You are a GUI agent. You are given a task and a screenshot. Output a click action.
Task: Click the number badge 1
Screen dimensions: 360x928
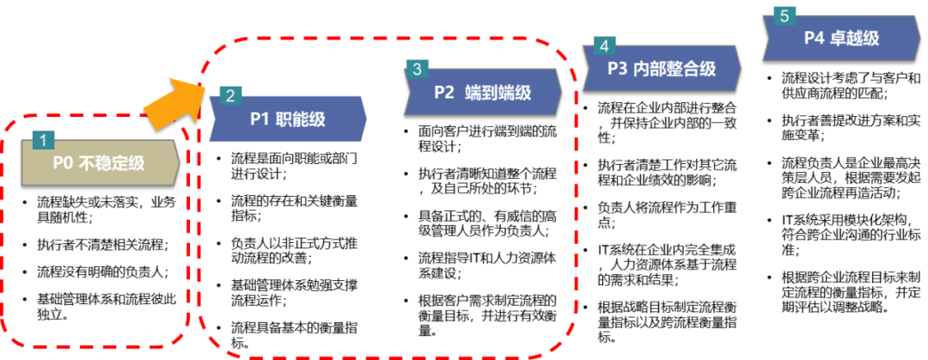(43, 139)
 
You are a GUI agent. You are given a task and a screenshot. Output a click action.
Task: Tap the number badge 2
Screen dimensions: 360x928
(230, 95)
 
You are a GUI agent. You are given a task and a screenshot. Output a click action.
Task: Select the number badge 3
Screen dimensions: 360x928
(417, 69)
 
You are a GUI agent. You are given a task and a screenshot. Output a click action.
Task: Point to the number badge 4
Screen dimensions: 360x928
(604, 46)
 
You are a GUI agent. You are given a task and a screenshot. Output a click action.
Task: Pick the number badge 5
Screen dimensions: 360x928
(784, 16)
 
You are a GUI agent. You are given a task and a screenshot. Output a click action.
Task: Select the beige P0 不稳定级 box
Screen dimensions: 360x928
(100, 163)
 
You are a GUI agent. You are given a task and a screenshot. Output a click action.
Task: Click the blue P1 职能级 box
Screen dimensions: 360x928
(288, 119)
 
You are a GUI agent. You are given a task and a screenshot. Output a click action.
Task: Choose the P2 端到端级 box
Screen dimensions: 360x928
(482, 93)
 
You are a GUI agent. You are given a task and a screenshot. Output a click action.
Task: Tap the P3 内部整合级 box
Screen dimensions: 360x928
(661, 69)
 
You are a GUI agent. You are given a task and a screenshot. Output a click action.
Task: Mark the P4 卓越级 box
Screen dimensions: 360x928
(841, 39)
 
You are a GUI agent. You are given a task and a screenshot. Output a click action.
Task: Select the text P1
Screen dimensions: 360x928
(260, 119)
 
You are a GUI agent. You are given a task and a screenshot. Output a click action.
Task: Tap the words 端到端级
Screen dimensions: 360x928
(498, 93)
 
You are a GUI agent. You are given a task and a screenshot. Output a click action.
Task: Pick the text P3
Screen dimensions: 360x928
(619, 69)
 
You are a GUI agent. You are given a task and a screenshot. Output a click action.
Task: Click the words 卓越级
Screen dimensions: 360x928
(855, 39)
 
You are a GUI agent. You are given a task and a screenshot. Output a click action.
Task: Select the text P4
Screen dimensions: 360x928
(815, 39)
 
